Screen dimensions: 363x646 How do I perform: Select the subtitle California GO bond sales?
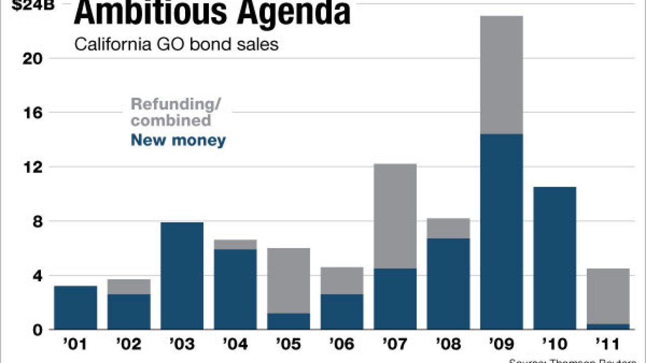coord(176,44)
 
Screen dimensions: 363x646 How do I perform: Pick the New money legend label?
coord(178,140)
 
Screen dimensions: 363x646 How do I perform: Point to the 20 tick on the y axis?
coord(34,58)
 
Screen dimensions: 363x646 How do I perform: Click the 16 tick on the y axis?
coord(34,113)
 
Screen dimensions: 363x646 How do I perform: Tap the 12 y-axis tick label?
coord(34,167)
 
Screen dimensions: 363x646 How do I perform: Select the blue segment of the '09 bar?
coord(502,232)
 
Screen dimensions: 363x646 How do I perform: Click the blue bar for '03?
coord(182,276)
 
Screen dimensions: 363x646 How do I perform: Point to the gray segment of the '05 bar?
coord(289,280)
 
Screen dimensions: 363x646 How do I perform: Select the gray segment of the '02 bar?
coord(129,287)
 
